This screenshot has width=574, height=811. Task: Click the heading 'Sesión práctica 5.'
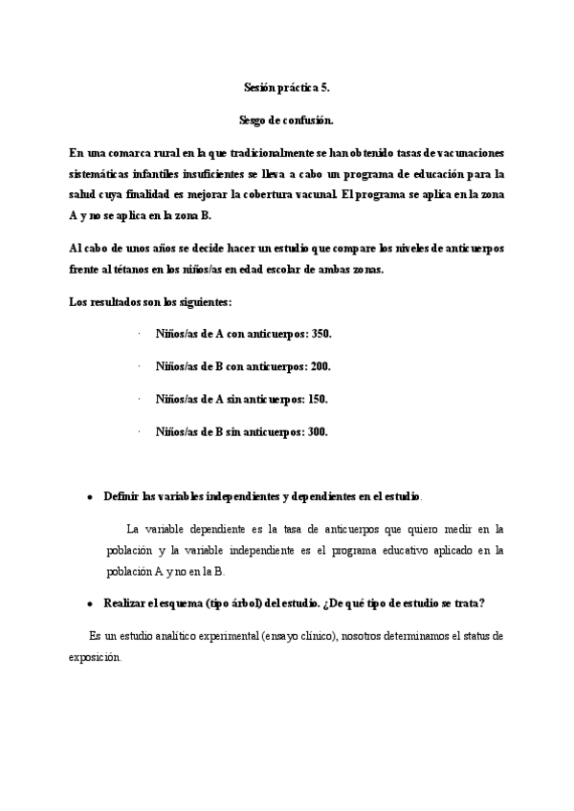(x=286, y=88)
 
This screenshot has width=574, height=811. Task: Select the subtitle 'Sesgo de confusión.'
(x=286, y=121)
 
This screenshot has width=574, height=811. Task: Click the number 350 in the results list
(x=321, y=334)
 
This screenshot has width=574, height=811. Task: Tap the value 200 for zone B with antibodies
(x=320, y=366)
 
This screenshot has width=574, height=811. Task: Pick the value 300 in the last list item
(x=318, y=431)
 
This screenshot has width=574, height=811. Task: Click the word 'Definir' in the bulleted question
(x=121, y=498)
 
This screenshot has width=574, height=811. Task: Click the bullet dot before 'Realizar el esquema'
(x=89, y=603)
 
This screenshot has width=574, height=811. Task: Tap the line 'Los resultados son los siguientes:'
(x=151, y=302)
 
